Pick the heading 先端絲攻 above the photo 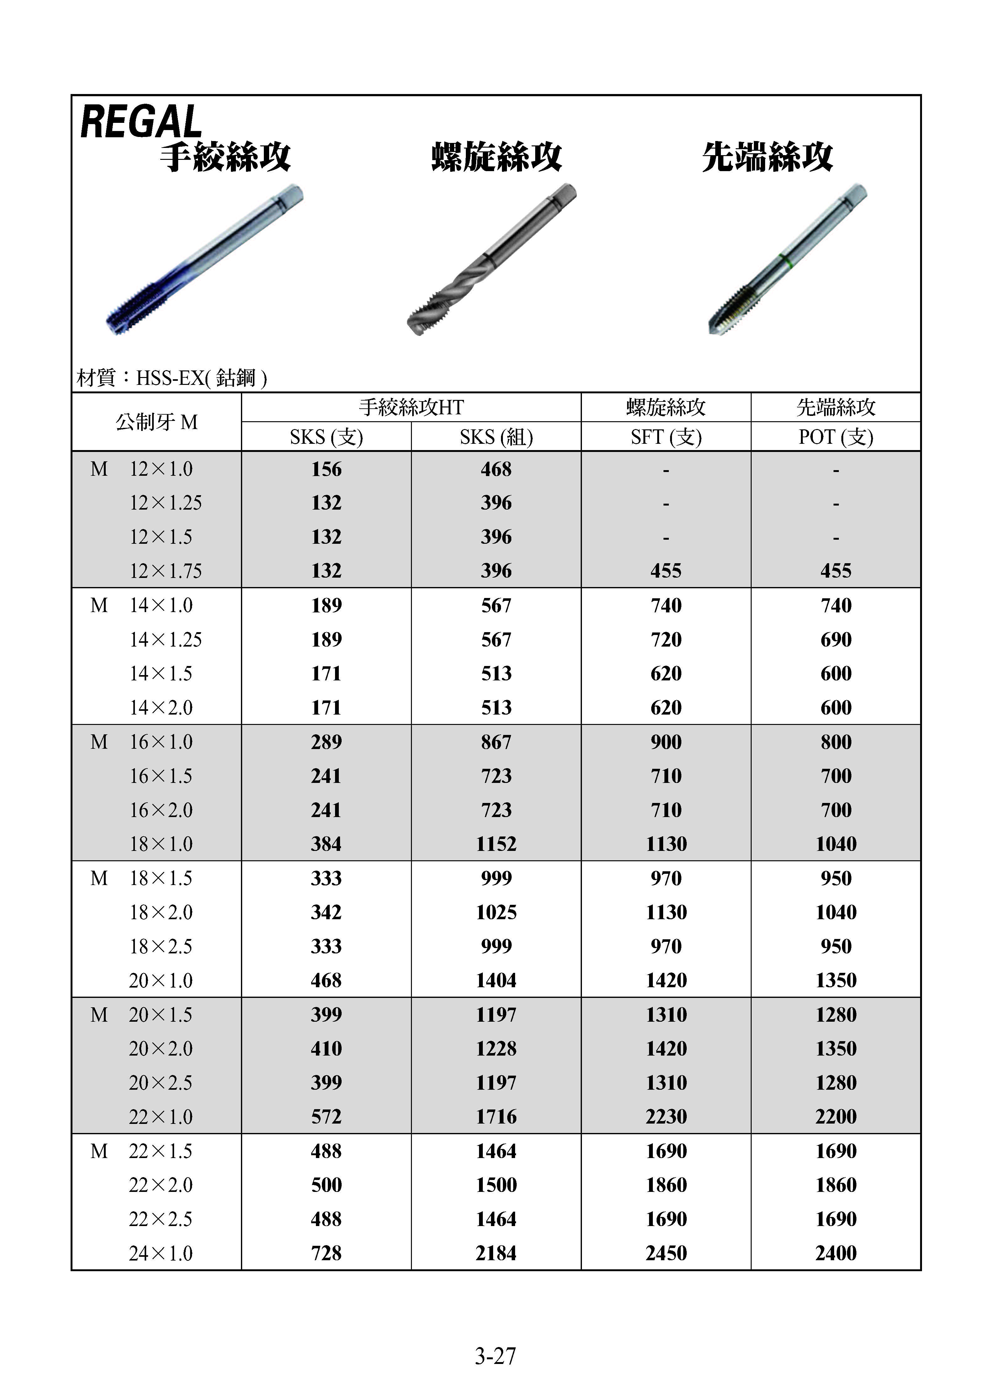point(767,157)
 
